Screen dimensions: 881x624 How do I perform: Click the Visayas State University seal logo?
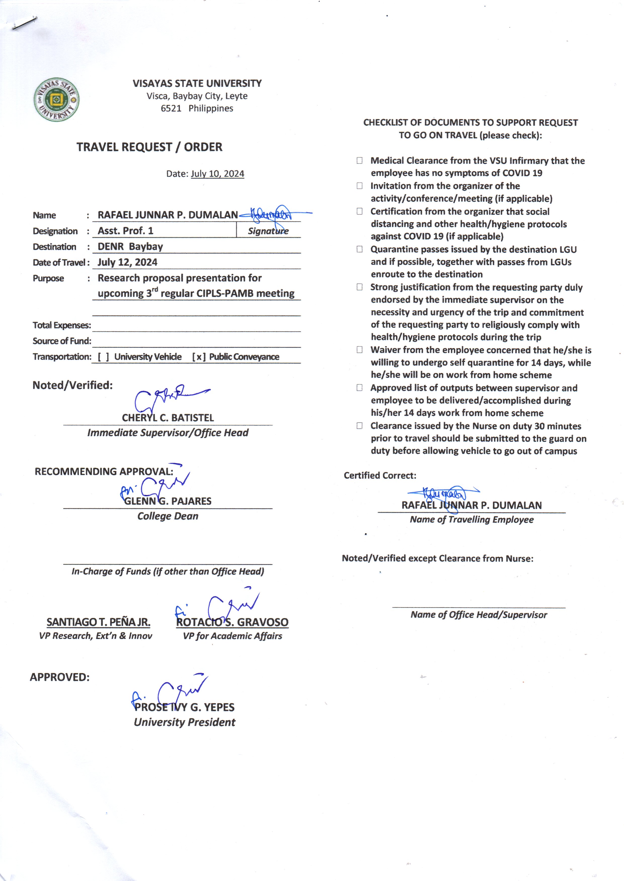(57, 100)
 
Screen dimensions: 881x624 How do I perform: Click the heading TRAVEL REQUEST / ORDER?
(149, 147)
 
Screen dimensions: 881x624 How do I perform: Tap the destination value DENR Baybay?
(130, 247)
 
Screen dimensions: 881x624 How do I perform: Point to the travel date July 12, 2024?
(127, 262)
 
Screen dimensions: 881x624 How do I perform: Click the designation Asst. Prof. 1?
(125, 231)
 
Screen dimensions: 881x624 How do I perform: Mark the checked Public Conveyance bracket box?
(199, 357)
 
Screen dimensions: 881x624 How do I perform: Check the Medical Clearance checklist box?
(359, 161)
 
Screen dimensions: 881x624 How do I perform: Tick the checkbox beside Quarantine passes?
(359, 249)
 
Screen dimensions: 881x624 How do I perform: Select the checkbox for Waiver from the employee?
(359, 350)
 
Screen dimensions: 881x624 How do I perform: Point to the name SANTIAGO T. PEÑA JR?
(98, 622)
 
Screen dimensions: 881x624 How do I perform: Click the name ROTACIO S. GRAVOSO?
(232, 622)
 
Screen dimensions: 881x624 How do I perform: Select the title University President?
(184, 722)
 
